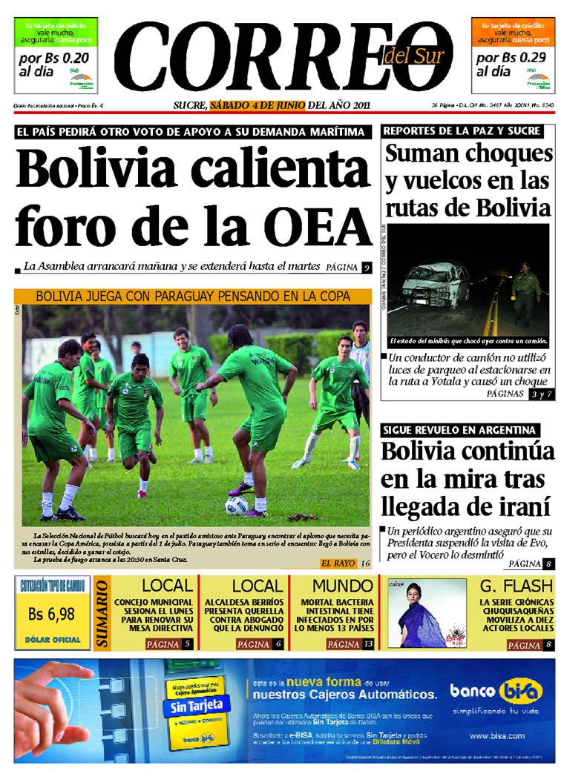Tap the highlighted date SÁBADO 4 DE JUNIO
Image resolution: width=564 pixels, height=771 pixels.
point(258,105)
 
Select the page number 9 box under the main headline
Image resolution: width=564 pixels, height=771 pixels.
point(367,268)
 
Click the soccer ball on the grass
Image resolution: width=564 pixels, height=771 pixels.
point(237,505)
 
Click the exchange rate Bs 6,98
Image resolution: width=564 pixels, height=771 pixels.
point(52,614)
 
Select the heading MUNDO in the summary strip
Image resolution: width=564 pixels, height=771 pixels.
point(332,586)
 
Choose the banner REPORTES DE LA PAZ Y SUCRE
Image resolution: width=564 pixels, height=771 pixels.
point(462,131)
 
